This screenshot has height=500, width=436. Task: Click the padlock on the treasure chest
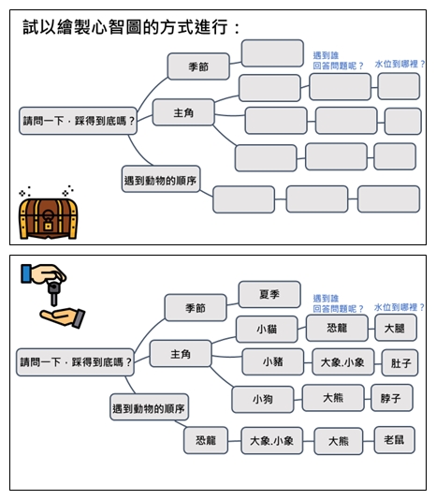(x=48, y=220)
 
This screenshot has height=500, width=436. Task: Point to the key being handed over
(x=54, y=293)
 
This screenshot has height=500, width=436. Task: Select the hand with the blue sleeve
(x=43, y=274)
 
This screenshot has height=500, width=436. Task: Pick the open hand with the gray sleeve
(x=63, y=317)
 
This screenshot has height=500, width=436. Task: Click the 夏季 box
(x=269, y=294)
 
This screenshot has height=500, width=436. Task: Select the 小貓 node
(x=267, y=329)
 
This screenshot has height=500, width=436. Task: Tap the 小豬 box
(x=273, y=361)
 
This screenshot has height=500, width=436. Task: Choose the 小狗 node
(x=263, y=399)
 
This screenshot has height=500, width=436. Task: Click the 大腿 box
(x=395, y=328)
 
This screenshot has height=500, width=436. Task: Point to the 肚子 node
(x=400, y=363)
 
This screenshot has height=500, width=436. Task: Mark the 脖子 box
(x=392, y=398)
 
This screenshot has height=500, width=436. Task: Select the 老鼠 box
(x=394, y=440)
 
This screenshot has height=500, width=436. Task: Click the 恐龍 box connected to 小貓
(x=337, y=328)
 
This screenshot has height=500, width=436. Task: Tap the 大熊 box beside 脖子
(x=333, y=398)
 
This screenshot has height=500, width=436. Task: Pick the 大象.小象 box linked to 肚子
(x=342, y=362)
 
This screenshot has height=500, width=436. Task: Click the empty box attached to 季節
(x=272, y=53)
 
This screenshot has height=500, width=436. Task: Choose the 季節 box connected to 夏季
(x=196, y=307)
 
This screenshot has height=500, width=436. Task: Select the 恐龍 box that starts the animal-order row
(x=206, y=440)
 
